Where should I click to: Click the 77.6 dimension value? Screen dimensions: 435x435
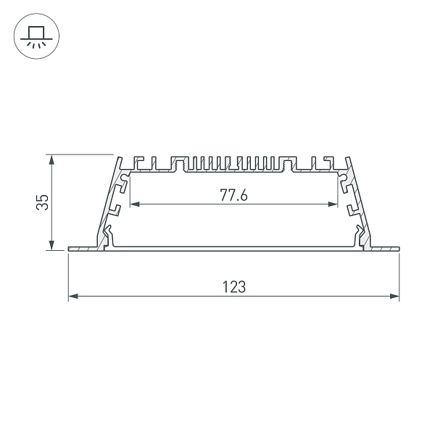[233, 194]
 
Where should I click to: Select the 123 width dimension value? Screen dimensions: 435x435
[233, 286]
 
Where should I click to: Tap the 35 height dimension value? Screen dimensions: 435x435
[43, 202]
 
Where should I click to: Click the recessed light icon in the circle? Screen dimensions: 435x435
[34, 36]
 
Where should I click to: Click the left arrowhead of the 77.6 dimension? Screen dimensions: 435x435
[133, 204]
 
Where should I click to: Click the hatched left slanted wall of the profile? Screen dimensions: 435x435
[107, 199]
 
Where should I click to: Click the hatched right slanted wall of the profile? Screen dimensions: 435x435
[360, 199]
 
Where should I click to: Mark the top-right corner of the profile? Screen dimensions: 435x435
[349, 157]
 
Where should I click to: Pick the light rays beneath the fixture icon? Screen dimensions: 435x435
[34, 43]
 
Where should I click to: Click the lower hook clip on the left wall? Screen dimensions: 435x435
[108, 233]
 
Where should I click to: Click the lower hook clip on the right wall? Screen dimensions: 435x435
[359, 233]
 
